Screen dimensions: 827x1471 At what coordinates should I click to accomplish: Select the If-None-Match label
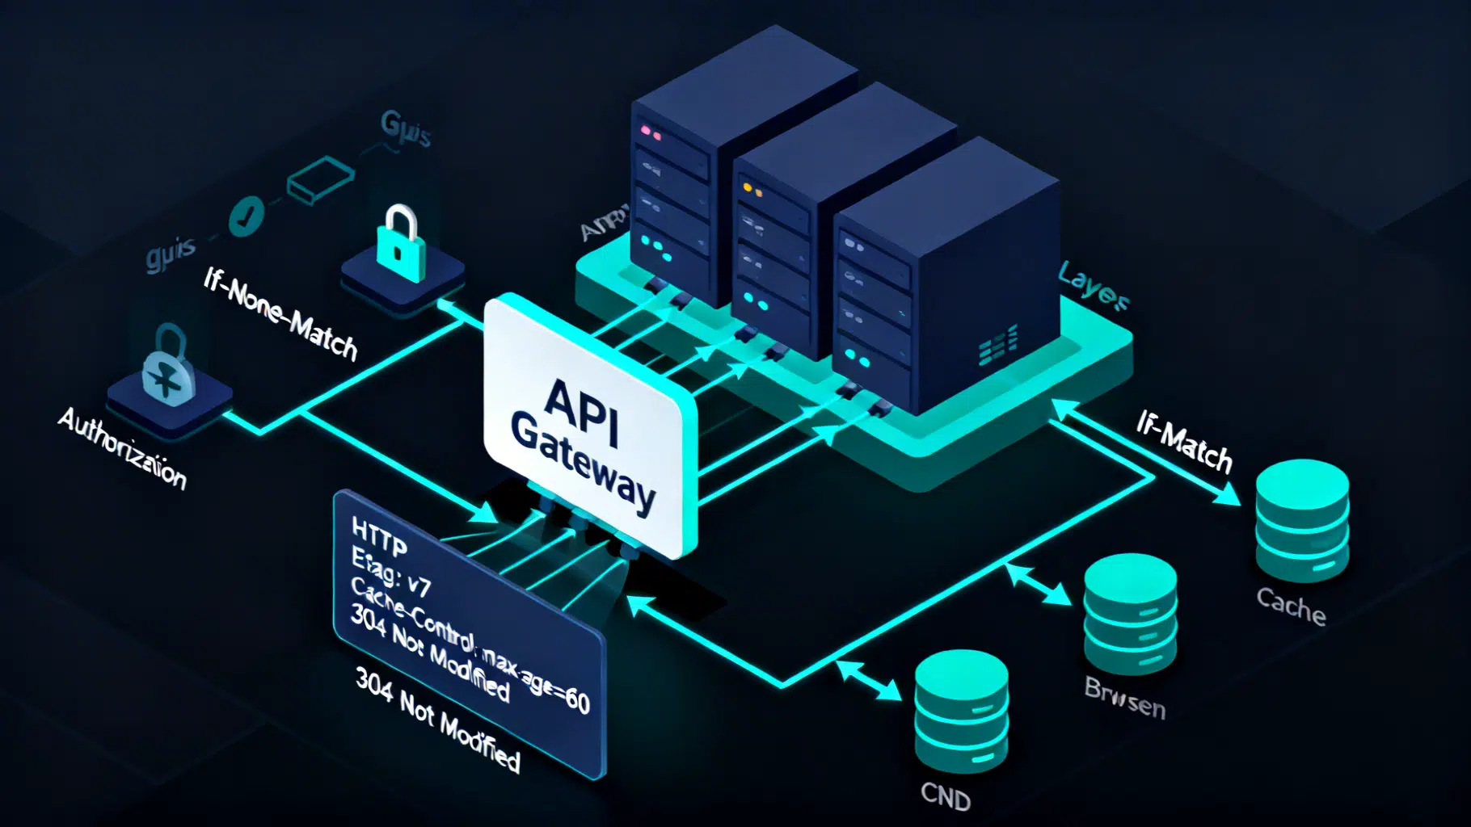[x=280, y=314]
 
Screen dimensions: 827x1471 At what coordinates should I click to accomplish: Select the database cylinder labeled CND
[x=961, y=711]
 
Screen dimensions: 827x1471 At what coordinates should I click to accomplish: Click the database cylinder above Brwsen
[x=1130, y=614]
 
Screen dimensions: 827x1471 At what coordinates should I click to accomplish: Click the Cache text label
[x=1291, y=606]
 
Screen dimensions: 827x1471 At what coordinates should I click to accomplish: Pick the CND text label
[x=945, y=796]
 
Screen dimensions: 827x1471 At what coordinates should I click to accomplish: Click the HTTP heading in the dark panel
[x=378, y=539]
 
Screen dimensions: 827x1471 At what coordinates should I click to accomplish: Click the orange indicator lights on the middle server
[x=752, y=190]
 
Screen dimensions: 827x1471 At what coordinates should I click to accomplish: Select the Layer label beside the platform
[x=1093, y=285]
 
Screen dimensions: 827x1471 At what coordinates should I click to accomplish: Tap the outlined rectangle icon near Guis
[x=321, y=179]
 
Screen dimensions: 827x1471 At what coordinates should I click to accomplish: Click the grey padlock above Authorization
[x=169, y=367]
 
